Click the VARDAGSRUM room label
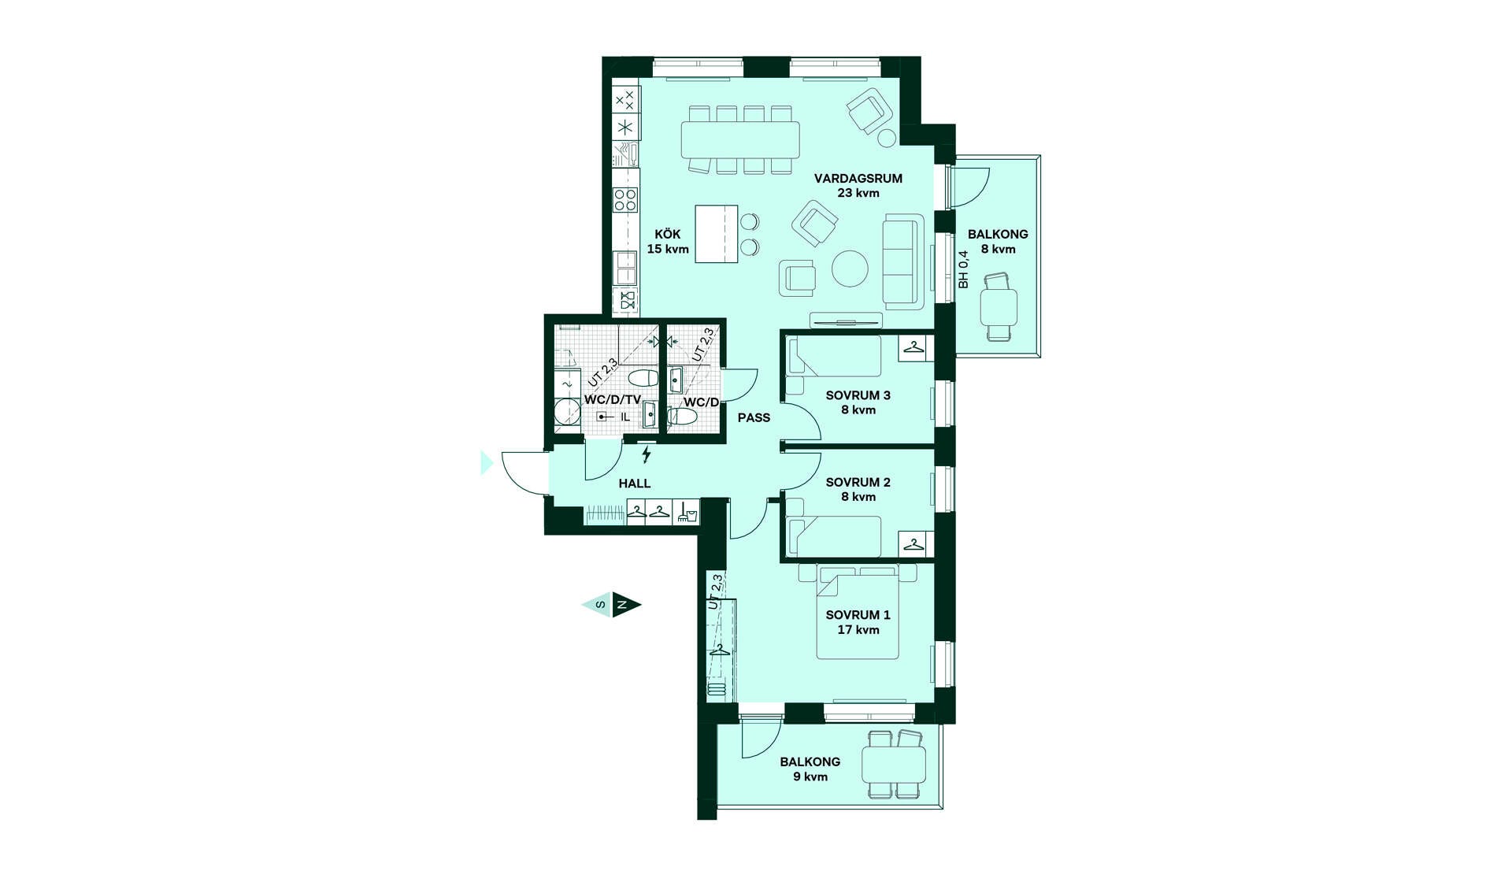(858, 179)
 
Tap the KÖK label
(668, 235)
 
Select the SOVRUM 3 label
(858, 395)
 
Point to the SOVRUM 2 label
(858, 482)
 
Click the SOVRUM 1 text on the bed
(858, 615)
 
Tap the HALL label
(635, 484)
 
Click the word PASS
(754, 417)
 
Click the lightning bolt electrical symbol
(647, 454)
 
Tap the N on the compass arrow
(622, 605)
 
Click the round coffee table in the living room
(850, 269)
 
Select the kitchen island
(717, 234)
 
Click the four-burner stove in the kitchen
(626, 199)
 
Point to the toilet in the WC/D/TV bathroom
(643, 378)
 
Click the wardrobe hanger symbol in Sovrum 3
(913, 347)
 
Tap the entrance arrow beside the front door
(487, 462)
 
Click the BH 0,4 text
(963, 269)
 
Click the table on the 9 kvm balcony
(894, 764)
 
